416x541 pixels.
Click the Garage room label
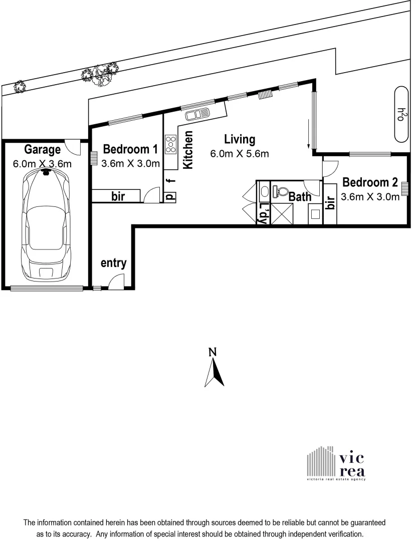(x=43, y=149)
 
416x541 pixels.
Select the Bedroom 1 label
(x=130, y=149)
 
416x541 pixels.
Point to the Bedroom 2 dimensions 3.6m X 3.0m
(x=370, y=197)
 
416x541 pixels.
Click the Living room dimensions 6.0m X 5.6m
(x=240, y=154)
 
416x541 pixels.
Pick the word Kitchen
(x=188, y=150)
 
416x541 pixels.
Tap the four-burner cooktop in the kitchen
(x=170, y=144)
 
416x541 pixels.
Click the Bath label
(x=300, y=197)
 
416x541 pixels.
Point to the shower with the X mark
(x=280, y=214)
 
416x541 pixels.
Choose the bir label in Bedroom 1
(x=118, y=196)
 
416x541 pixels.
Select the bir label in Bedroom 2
(x=330, y=203)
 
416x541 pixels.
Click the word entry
(x=113, y=263)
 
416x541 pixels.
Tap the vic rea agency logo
(x=336, y=463)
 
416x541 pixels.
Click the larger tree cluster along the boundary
(x=99, y=74)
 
